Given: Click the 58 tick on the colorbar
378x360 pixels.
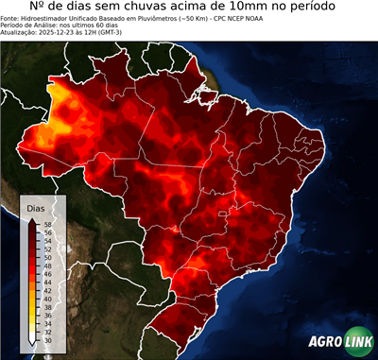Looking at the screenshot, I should [x=46, y=223].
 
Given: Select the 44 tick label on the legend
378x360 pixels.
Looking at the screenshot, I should [x=46, y=279].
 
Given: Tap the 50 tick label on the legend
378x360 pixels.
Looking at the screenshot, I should [x=46, y=255].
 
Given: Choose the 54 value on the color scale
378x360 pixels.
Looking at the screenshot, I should [x=46, y=239].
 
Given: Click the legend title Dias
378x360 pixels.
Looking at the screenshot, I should [x=36, y=207].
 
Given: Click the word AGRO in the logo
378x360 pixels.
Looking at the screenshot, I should [x=326, y=341].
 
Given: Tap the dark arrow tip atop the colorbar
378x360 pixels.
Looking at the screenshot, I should [x=33, y=218].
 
